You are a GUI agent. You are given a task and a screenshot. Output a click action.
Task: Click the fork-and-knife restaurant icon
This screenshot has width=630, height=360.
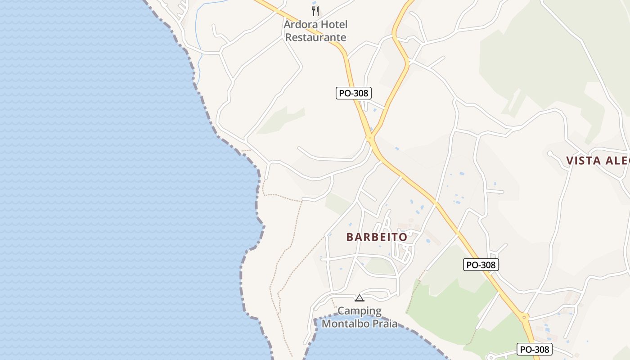pyautogui.click(x=315, y=11)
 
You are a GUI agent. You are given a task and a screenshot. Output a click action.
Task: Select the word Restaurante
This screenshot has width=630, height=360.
pyautogui.click(x=316, y=37)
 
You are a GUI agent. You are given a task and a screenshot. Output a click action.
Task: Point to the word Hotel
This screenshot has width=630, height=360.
pyautogui.click(x=335, y=24)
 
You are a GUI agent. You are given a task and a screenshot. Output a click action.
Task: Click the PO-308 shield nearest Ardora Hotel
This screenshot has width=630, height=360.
pyautogui.click(x=354, y=93)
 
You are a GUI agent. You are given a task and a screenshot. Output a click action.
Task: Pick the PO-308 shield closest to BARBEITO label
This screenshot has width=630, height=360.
pyautogui.click(x=481, y=265)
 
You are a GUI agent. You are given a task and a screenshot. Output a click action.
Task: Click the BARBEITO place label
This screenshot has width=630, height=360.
pyautogui.click(x=377, y=237)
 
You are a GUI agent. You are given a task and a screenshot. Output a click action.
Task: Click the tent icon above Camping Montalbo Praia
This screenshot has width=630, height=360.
pyautogui.click(x=359, y=297)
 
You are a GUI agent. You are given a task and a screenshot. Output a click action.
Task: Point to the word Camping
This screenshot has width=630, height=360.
pyautogui.click(x=360, y=310)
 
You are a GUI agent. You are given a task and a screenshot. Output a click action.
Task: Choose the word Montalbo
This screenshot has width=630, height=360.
pyautogui.click(x=346, y=323)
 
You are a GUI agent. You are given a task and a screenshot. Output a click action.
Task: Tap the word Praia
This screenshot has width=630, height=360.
pyautogui.click(x=385, y=323)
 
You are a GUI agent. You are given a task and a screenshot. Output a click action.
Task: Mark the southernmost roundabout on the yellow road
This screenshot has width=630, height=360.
pyautogui.click(x=524, y=317)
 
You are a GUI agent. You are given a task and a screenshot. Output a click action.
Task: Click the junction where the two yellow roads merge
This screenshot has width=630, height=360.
pyautogui.click(x=371, y=137)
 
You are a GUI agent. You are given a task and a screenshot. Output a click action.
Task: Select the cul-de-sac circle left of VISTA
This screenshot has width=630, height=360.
pyautogui.click(x=550, y=153)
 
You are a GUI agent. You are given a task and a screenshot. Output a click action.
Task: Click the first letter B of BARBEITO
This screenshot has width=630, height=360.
pyautogui.click(x=350, y=237)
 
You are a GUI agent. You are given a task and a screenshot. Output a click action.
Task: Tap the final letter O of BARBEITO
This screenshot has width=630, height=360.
pyautogui.click(x=403, y=237)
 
